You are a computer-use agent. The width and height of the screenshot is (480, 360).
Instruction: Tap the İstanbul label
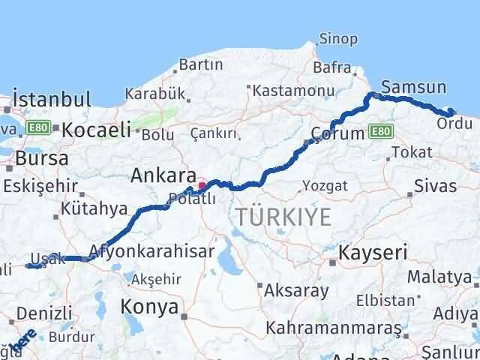click(52, 99)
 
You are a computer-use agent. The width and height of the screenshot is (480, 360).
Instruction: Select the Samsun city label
click(413, 86)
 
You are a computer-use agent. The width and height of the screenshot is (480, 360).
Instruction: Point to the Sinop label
click(338, 38)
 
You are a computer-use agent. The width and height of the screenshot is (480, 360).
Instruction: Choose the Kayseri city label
click(372, 253)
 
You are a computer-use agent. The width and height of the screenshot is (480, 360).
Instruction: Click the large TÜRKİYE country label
click(283, 217)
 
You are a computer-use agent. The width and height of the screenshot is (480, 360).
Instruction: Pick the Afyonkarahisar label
click(151, 250)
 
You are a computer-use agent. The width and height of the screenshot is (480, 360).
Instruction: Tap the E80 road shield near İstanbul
click(37, 128)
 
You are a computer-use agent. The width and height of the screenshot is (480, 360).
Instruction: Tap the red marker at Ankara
click(201, 185)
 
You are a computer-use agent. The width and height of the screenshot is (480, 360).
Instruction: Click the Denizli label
click(46, 313)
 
